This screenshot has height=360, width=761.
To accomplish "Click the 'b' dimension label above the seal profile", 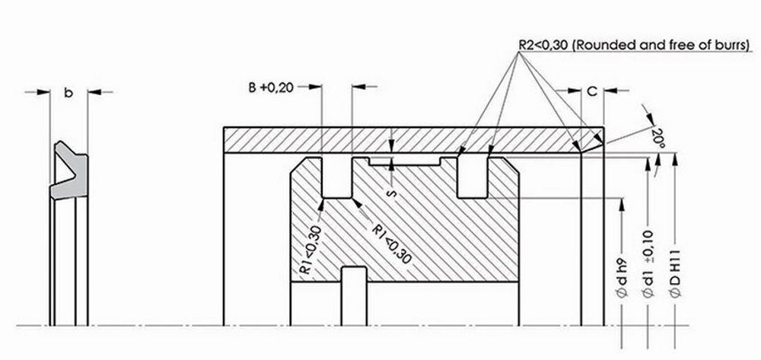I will pos(68,94).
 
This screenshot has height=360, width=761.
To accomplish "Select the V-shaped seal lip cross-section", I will pos(70,170).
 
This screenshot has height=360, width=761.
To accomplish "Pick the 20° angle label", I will pos(659,136).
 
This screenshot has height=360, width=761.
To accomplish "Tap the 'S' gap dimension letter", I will pos(391,193).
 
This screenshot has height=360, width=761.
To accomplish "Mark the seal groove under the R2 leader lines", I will pos(473,177).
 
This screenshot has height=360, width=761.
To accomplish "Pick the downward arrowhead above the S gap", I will pos(391,146).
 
